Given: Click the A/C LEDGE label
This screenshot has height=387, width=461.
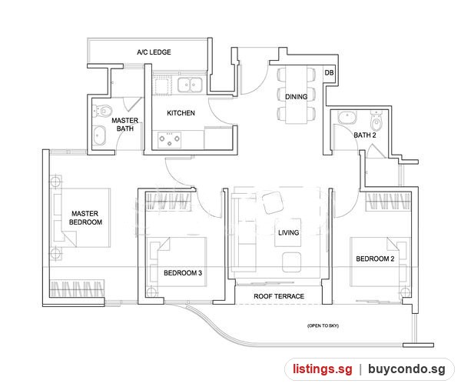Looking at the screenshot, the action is pos(154,52).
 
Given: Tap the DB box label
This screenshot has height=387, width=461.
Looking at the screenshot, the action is pos(329,72).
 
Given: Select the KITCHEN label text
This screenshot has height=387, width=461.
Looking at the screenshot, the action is pos(181,113).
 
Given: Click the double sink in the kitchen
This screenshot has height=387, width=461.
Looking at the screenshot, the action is pos(189,85).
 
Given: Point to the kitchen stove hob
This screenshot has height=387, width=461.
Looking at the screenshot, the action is pos(169,139).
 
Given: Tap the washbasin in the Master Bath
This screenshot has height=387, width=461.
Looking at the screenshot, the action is pos(99,135).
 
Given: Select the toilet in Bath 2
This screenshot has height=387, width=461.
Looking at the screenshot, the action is pos(376,121).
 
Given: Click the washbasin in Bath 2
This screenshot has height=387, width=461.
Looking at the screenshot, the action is pos(347,117).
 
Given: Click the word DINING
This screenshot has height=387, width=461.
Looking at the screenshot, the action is pos(297,96).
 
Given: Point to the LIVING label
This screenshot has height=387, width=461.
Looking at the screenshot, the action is pos(288,233).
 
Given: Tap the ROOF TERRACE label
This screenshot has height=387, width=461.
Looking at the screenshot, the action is pos(279,296).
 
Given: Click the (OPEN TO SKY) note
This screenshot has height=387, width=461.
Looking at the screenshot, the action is pos(323,325).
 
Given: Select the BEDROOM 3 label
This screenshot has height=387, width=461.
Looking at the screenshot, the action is pos(183,273).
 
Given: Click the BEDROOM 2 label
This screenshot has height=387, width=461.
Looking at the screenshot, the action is pos(375,259).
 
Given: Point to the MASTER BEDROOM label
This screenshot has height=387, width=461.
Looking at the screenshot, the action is pos(85,218).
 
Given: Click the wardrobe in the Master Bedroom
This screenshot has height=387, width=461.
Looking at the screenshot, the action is pos(77,288).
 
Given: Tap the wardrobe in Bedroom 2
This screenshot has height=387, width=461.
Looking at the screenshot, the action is pos(388,202).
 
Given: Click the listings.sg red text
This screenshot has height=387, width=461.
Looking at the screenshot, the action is pos(322,369).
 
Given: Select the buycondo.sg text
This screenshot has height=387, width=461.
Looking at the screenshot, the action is pos(406,369).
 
